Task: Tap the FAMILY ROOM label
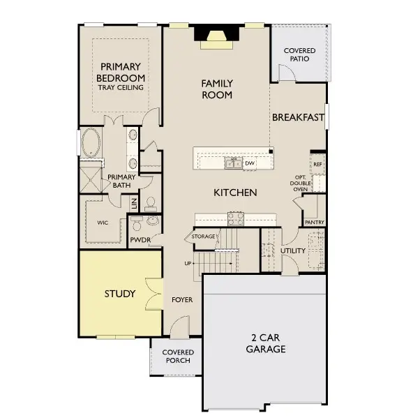point(217,89)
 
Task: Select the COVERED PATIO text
point(299,55)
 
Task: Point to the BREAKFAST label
point(298,117)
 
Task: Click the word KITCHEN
point(235,193)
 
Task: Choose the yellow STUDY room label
point(119,293)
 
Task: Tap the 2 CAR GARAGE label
point(265,343)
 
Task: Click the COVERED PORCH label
point(178,357)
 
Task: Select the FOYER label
point(182,300)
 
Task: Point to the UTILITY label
point(293,250)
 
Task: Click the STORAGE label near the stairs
point(203,237)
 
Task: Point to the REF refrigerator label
point(317,165)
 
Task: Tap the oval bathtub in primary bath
point(91,144)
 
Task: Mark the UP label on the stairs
point(188,264)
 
